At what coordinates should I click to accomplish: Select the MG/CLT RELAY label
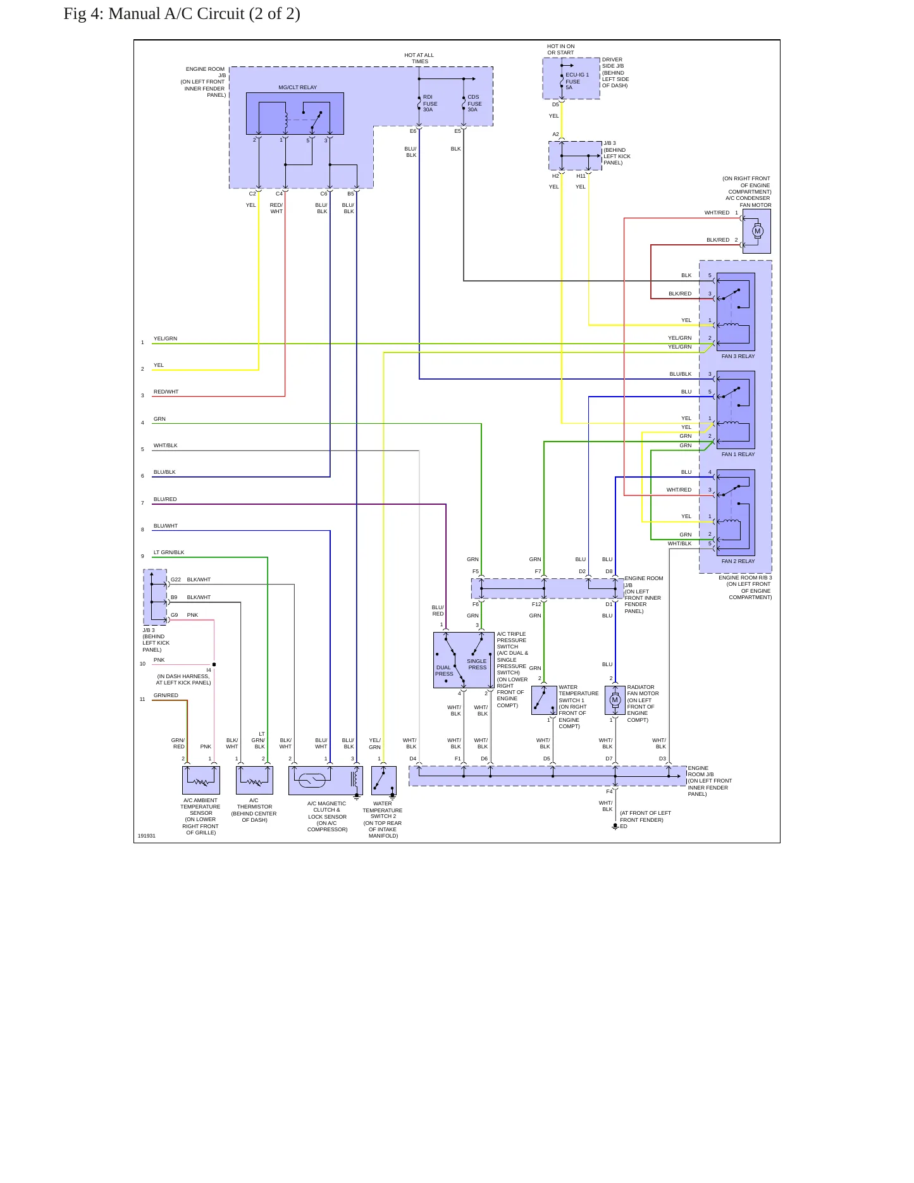click(x=297, y=87)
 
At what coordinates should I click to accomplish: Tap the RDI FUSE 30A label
click(x=430, y=103)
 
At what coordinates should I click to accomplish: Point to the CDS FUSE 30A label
click(x=474, y=103)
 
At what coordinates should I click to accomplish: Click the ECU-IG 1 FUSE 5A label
click(x=577, y=81)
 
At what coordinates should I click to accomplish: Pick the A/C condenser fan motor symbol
click(x=757, y=231)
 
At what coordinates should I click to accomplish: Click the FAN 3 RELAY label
click(x=738, y=356)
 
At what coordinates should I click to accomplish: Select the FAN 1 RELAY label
click(x=738, y=454)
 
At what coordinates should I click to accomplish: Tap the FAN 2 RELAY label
click(x=738, y=561)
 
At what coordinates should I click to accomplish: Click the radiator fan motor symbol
click(x=615, y=700)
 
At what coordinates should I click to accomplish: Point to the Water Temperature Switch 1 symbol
click(x=544, y=700)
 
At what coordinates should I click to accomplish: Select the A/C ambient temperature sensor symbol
click(x=201, y=780)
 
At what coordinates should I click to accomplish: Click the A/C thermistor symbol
click(x=254, y=780)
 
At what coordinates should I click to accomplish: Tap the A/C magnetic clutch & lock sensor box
click(x=326, y=780)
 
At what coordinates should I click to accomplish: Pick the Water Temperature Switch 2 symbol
click(x=384, y=780)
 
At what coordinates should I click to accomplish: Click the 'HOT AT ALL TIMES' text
click(x=419, y=58)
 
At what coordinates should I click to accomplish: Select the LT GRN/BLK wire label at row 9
click(x=169, y=552)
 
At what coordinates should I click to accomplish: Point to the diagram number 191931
click(x=147, y=836)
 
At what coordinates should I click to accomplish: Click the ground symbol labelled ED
click(x=615, y=827)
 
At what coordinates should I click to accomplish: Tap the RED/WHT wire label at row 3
click(x=166, y=392)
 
